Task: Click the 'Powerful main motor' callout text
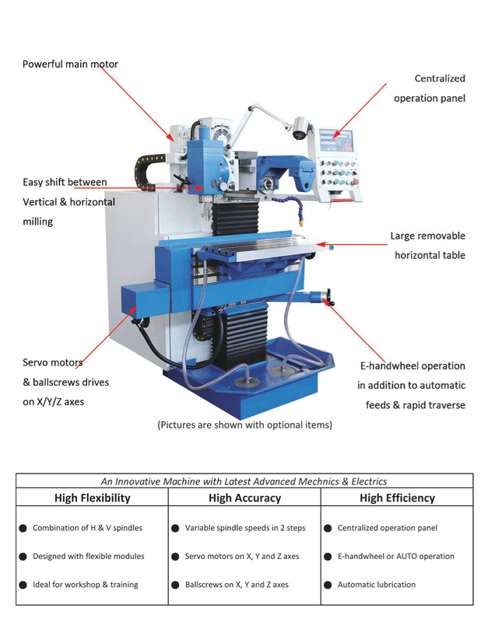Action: pos(70,64)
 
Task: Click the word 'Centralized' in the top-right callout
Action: pos(439,79)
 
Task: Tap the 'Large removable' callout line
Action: pos(427,236)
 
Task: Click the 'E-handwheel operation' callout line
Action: pos(412,365)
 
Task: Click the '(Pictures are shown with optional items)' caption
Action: pos(244,425)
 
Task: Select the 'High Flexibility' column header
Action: pos(92,498)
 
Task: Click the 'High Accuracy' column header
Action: pos(244,498)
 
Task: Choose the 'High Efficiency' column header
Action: pos(397,498)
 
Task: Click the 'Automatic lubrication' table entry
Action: pos(376,585)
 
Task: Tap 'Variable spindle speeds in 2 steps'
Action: pos(244,528)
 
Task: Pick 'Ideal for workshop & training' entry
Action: pos(85,585)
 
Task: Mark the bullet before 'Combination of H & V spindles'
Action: pos(23,529)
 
